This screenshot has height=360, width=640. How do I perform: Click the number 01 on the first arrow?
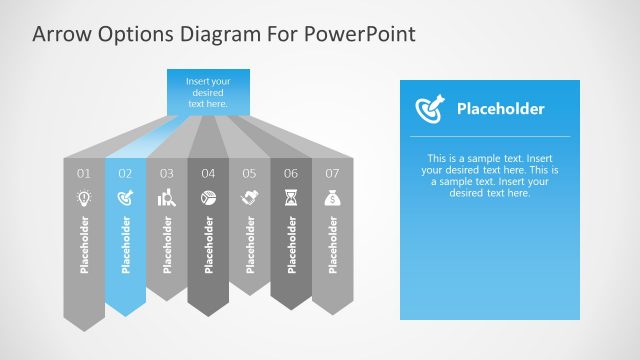[84, 173]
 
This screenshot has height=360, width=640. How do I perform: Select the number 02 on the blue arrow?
[125, 173]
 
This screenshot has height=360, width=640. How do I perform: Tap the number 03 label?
[167, 173]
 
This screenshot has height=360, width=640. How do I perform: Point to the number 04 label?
[208, 173]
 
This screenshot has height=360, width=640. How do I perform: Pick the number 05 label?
[249, 173]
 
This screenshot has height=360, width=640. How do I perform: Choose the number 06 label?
[291, 173]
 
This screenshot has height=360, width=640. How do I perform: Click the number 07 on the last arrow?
[332, 173]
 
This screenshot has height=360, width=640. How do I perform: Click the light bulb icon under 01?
[84, 198]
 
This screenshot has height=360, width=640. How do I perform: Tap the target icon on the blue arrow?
[125, 198]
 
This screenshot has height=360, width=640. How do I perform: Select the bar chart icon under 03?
[167, 198]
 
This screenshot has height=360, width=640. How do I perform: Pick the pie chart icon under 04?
[208, 198]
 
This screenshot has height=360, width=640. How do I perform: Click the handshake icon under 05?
[249, 198]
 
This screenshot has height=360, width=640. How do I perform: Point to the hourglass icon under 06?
[291, 198]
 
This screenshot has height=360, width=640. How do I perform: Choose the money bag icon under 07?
[332, 198]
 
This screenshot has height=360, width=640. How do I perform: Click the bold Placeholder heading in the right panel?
[500, 109]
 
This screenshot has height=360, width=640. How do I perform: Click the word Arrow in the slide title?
[61, 34]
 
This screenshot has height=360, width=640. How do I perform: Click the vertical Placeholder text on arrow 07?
[332, 244]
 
